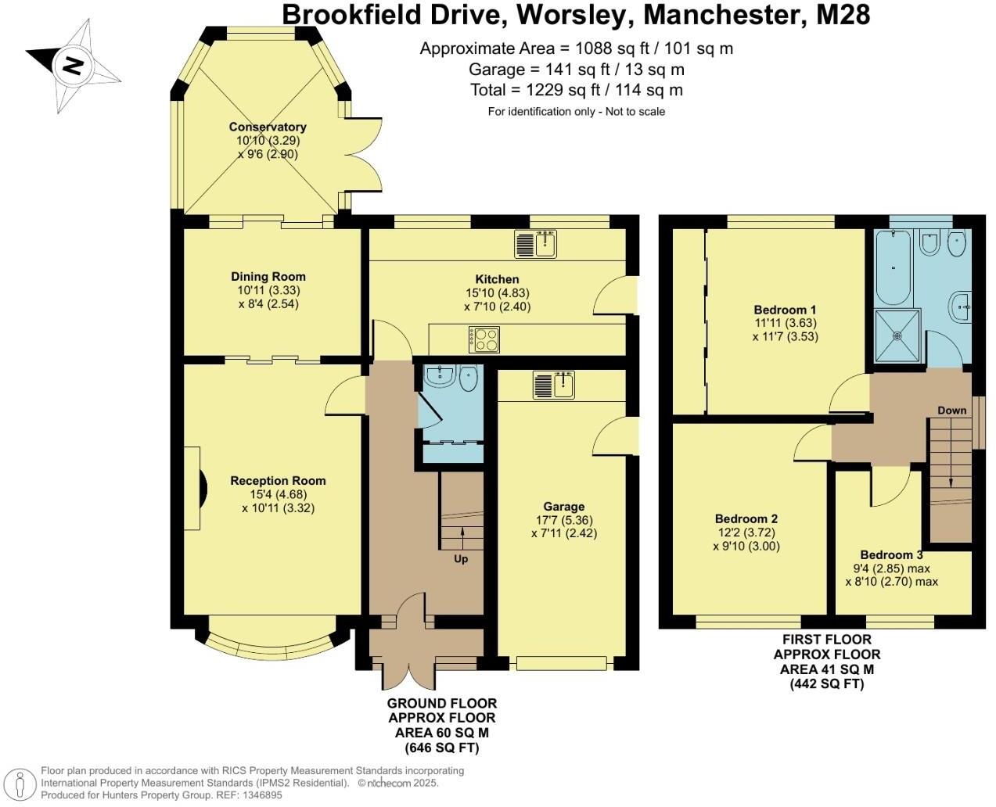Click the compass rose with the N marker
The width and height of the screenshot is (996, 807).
pos(73,66)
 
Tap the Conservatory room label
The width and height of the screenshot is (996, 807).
pos(268,127)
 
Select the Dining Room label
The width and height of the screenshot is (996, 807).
pos(268,277)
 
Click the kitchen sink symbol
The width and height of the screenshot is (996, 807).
pos(536,244)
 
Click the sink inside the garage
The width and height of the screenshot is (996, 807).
pos(554,385)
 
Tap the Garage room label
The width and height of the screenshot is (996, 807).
pos(563,507)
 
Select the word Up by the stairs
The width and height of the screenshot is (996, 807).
pos(461,559)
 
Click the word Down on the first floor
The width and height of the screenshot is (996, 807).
pos(951,411)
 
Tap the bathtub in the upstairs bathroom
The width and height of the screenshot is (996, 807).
pos(893,268)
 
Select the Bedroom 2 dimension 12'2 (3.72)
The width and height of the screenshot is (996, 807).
pos(746,533)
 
